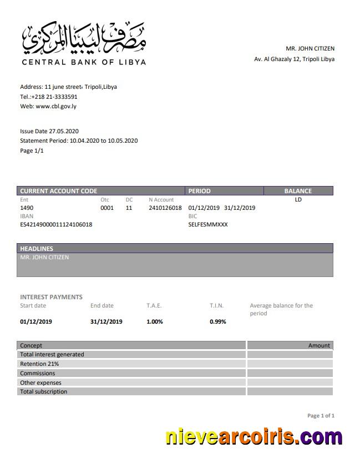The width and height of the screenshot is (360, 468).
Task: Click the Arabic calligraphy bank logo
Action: tap(84, 37)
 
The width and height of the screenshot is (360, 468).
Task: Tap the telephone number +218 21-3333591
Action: tap(54, 97)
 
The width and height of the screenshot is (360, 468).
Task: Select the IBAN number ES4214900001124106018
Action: tap(56, 224)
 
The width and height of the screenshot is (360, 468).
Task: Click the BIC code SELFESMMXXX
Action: tap(208, 224)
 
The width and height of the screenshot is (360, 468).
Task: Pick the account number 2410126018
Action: tap(165, 208)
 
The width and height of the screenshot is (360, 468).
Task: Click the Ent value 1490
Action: tap(27, 208)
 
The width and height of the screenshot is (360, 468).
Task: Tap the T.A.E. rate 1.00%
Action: tap(155, 321)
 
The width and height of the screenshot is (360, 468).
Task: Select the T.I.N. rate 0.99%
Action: tap(218, 321)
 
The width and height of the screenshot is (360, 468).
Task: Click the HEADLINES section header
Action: tap(37, 249)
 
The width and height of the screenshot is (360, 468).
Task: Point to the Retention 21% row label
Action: tap(39, 364)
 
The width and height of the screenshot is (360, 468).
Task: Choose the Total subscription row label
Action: tap(44, 391)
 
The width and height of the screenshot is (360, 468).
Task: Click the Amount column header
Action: tap(319, 345)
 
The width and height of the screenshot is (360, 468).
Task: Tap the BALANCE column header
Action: tap(298, 191)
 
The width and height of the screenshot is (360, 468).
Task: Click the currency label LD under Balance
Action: tap(298, 199)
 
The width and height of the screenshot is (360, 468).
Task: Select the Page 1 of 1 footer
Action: tap(321, 415)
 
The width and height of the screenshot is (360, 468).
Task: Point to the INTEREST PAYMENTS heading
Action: tap(51, 297)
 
